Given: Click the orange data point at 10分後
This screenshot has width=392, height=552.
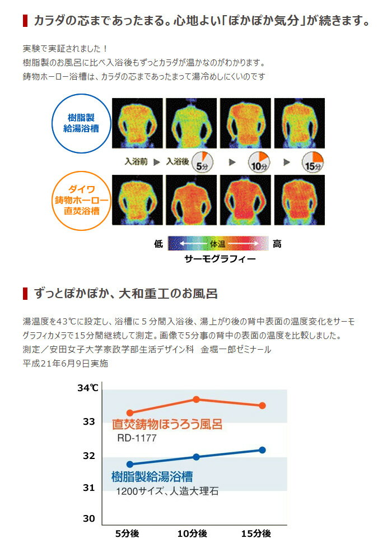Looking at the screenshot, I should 197,399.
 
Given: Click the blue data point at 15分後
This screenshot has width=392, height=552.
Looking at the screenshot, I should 262,449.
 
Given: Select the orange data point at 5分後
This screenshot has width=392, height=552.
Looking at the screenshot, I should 130,412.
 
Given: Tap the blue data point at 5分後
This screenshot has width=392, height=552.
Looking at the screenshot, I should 130,464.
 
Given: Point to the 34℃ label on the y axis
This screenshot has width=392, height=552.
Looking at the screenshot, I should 88,387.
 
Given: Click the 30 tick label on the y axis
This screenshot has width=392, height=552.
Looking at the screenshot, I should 89,518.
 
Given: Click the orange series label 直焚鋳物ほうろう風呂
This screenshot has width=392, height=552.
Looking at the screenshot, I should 167,424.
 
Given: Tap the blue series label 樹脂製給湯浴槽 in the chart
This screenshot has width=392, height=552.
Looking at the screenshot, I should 152,477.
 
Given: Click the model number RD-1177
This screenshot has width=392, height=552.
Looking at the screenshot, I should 137,438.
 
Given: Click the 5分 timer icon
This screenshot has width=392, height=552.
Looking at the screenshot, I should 202,161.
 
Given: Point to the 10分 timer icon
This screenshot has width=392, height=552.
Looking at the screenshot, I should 259,161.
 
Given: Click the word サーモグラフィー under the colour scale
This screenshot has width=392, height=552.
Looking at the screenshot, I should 220,259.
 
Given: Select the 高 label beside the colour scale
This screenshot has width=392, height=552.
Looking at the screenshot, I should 277,244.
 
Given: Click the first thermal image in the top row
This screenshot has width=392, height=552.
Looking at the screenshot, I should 137,123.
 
